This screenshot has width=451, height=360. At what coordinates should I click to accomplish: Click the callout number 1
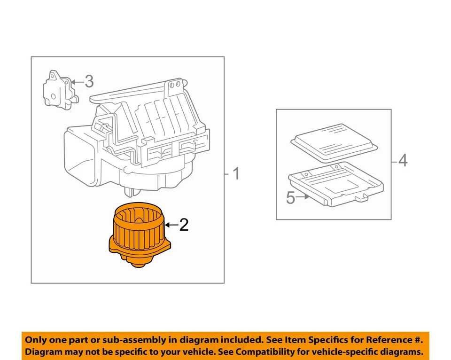click(236, 174)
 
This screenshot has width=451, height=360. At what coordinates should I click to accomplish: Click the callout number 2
click(184, 225)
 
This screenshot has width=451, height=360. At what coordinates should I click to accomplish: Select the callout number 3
click(89, 82)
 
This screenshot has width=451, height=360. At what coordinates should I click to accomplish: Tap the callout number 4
click(403, 161)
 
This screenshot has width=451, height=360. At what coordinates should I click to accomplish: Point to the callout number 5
click(291, 198)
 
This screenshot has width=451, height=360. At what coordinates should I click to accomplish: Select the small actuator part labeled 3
click(59, 90)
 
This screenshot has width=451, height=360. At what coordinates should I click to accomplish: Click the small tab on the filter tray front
click(362, 199)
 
